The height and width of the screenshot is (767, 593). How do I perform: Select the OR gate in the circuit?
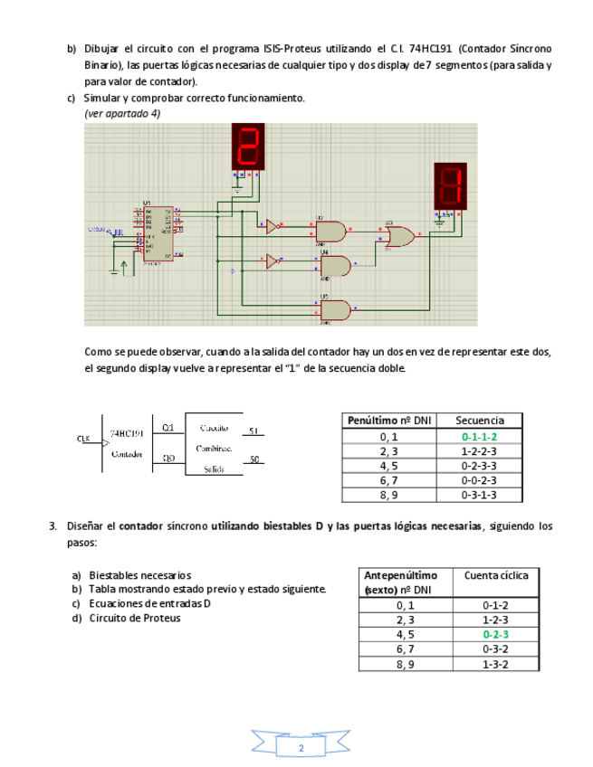pyautogui.click(x=398, y=236)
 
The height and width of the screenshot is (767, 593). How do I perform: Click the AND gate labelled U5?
pyautogui.click(x=334, y=309)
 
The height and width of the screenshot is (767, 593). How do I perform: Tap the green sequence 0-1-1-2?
pyautogui.click(x=479, y=437)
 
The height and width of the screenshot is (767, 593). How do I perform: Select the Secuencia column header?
pyautogui.click(x=479, y=421)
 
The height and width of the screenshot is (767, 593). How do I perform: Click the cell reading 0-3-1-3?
pyautogui.click(x=479, y=495)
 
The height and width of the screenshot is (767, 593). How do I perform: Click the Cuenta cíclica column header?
pyautogui.click(x=495, y=575)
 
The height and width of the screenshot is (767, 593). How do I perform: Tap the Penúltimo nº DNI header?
pyautogui.click(x=389, y=421)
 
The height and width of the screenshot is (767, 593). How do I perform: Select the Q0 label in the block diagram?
pyautogui.click(x=168, y=459)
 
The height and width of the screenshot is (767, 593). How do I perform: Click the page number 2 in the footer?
pyautogui.click(x=301, y=748)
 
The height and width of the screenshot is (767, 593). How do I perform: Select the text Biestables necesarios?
pyautogui.click(x=140, y=575)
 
